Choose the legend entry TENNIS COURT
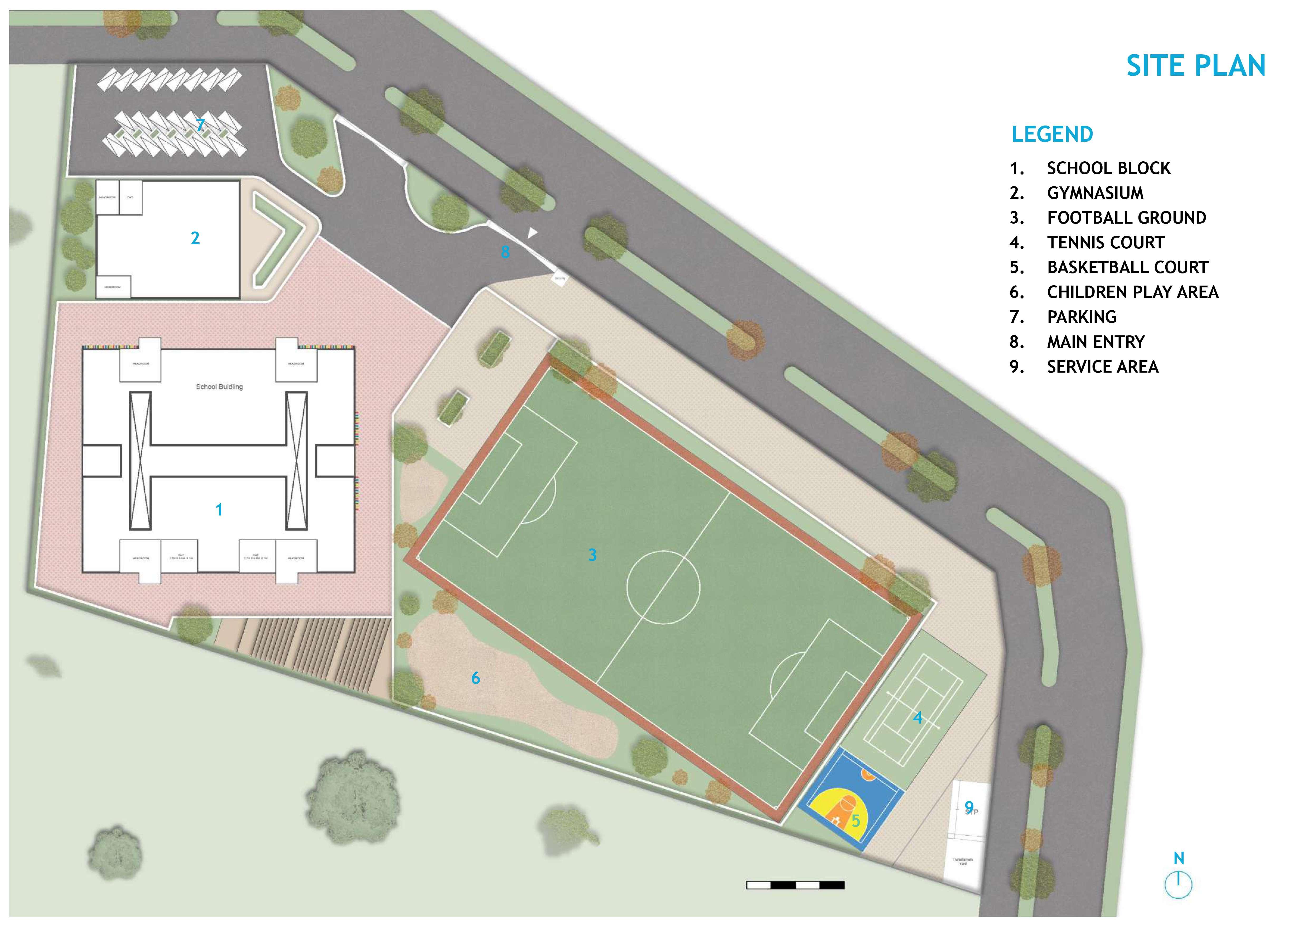click(1105, 243)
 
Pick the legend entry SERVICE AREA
click(1102, 367)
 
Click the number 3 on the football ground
click(592, 555)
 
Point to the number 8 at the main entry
click(505, 252)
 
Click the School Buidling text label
click(219, 387)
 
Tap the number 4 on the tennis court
click(917, 717)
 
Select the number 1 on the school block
click(219, 510)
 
